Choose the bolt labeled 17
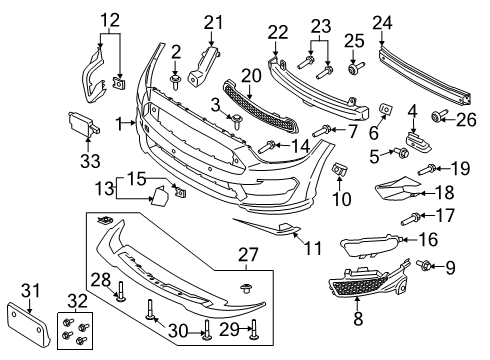click(x=411, y=216)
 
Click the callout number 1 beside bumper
click(x=121, y=122)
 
